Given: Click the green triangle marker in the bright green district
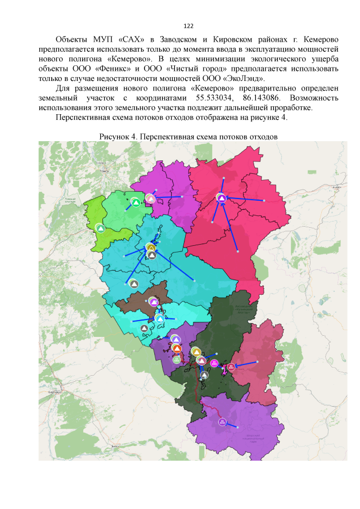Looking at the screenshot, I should pyautogui.click(x=136, y=202).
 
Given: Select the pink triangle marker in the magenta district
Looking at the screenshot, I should pyautogui.click(x=150, y=198).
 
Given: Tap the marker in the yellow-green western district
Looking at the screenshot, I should pyautogui.click(x=100, y=228).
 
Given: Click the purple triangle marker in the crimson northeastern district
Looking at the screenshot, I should pyautogui.click(x=222, y=198).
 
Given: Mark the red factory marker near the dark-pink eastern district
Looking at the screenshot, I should pyautogui.click(x=231, y=367).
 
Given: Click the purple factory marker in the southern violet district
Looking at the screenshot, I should pyautogui.click(x=222, y=422).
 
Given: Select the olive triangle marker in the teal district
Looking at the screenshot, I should pyautogui.click(x=150, y=247).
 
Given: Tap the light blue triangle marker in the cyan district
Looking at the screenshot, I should pyautogui.click(x=160, y=320).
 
